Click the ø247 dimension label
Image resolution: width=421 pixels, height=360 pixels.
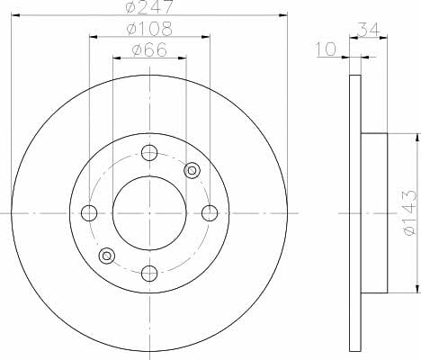pos(149,6)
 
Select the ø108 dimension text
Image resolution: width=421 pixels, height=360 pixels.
pos(149,29)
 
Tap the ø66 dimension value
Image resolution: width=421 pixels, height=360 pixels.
pos(149,49)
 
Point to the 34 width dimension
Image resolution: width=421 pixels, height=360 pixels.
pos(369,30)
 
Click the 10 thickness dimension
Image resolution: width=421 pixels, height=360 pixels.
pos(327,49)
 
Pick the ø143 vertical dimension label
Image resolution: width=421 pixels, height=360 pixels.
pos(409,212)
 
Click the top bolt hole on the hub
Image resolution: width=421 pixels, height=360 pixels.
pos(149,153)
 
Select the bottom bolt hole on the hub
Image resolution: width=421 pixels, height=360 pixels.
pos(149,274)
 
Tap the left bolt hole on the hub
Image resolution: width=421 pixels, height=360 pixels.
pos(89,213)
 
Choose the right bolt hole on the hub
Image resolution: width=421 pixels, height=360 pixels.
pos(210,213)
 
